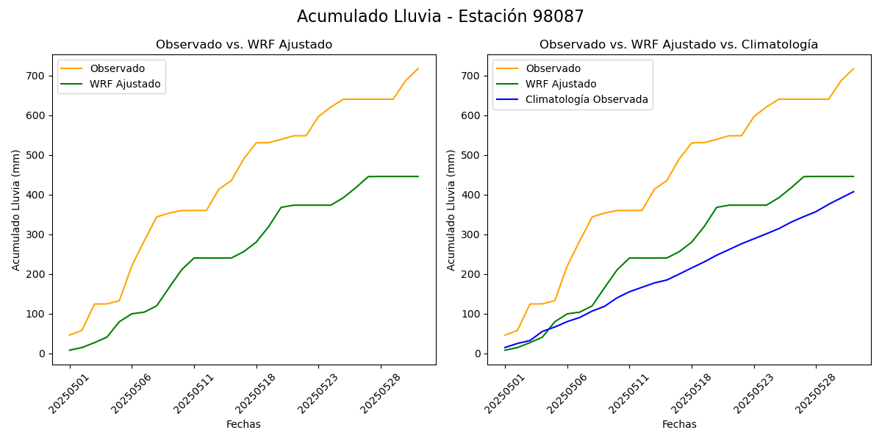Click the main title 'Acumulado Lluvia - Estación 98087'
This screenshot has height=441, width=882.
point(440,16)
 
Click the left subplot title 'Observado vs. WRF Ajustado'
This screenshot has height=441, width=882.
point(244,45)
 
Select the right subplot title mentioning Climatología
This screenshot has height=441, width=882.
point(678,45)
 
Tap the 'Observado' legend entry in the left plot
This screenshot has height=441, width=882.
point(117,68)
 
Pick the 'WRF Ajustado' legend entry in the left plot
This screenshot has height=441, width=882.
point(125,84)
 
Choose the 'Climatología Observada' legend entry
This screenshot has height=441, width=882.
point(587,99)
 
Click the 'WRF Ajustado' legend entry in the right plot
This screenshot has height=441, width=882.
point(561,84)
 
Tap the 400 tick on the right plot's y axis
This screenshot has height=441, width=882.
point(473,195)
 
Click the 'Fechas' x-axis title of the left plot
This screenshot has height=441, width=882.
point(243,424)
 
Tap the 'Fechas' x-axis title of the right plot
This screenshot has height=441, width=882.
point(679,424)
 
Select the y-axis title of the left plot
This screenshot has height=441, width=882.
point(16,209)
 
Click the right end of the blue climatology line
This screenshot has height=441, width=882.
point(853,192)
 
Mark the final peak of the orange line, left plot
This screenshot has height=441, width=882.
point(418,69)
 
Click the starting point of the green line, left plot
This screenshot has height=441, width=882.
point(70,350)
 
